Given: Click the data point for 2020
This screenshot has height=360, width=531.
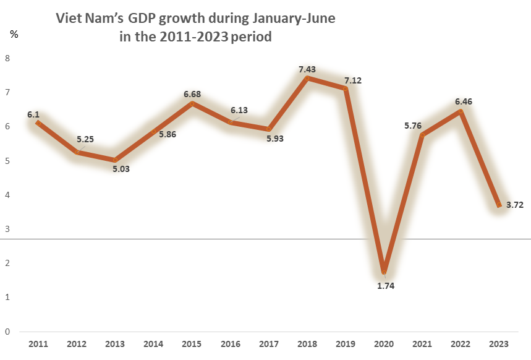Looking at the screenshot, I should click(x=384, y=272).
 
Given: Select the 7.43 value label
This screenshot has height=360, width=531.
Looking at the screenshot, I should click(x=308, y=69).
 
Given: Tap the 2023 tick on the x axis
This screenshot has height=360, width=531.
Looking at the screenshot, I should click(x=499, y=343).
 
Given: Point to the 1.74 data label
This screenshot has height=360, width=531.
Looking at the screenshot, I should click(x=384, y=286).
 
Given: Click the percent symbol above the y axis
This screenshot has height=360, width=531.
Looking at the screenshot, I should click(x=14, y=34).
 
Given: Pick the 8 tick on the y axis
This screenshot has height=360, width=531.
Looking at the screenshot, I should click(x=7, y=58).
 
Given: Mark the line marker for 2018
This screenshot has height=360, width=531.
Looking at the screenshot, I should click(x=307, y=78).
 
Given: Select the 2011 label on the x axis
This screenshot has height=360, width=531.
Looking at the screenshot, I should click(x=38, y=343).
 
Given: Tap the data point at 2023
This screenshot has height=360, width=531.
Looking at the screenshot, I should click(x=499, y=205).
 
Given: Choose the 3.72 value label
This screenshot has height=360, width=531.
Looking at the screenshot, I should click(x=514, y=205).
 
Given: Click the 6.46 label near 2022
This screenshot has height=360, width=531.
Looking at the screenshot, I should click(x=461, y=101).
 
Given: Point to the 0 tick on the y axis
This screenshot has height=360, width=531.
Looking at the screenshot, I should click(x=7, y=332).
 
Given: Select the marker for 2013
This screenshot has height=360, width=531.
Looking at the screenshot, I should click(x=115, y=160).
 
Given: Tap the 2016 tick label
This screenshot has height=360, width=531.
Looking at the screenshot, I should click(x=230, y=343).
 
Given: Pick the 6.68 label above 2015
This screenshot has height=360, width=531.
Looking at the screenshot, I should click(x=192, y=94).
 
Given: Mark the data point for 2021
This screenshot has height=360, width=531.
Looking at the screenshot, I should click(x=422, y=135).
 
